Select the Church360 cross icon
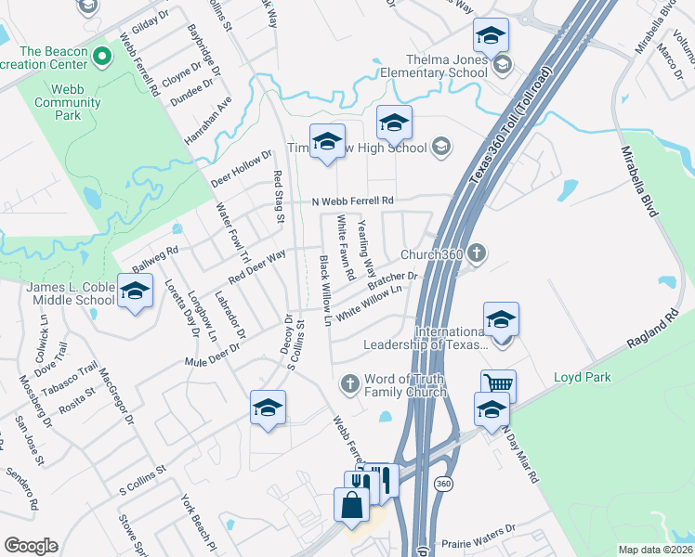pos(476,253)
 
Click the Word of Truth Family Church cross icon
pos(350,382)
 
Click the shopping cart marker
pos(499,384)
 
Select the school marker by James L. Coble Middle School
pos(136,292)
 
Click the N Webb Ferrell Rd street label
pos(353,201)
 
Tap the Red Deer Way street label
pos(257,267)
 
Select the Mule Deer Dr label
pos(213,354)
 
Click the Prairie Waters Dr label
pos(479,530)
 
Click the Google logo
pos(31,546)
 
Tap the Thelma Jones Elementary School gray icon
pos(503,64)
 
